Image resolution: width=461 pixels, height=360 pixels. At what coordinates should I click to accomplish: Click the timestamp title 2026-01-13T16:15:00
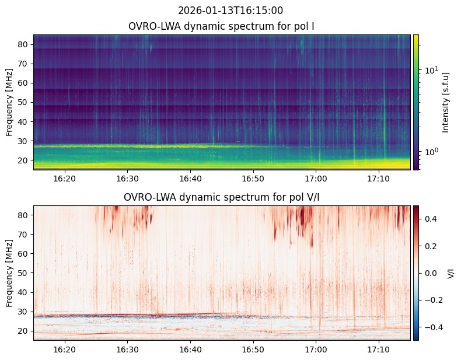pyautogui.click(x=230, y=11)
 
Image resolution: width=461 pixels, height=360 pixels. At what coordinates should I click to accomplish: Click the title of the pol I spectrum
pyautogui.click(x=221, y=26)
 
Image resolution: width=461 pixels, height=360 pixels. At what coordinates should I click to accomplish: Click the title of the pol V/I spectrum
pyautogui.click(x=221, y=197)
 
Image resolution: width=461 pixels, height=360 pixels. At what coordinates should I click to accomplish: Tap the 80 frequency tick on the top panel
pyautogui.click(x=23, y=44)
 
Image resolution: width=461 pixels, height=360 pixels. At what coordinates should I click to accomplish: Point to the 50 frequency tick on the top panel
pyautogui.click(x=23, y=102)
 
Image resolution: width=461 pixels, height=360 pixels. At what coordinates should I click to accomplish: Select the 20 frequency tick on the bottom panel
pyautogui.click(x=23, y=331)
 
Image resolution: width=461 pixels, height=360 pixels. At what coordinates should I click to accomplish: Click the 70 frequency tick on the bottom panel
pyautogui.click(x=23, y=235)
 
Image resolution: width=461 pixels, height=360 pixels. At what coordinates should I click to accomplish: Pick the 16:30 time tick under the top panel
pyautogui.click(x=128, y=179)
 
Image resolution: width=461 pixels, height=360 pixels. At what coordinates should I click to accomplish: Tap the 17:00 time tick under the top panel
pyautogui.click(x=316, y=179)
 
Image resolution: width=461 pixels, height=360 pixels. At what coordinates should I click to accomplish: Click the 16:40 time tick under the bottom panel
pyautogui.click(x=190, y=349)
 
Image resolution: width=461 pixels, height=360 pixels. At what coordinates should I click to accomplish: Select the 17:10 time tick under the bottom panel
pyautogui.click(x=378, y=349)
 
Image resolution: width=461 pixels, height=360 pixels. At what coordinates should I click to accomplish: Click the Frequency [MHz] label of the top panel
pyautogui.click(x=9, y=102)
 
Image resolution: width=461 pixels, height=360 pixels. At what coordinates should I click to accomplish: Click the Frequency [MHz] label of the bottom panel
pyautogui.click(x=9, y=273)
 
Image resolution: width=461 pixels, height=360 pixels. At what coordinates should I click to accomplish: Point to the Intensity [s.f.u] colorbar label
pyautogui.click(x=446, y=102)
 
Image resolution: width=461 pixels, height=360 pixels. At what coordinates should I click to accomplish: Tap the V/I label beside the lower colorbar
pyautogui.click(x=450, y=273)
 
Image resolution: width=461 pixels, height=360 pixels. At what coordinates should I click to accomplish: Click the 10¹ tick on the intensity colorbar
pyautogui.click(x=432, y=70)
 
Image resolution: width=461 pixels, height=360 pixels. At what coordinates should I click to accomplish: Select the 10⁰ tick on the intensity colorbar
pyautogui.click(x=432, y=152)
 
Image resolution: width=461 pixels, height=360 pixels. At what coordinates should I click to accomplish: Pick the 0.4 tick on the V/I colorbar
pyautogui.click(x=431, y=219)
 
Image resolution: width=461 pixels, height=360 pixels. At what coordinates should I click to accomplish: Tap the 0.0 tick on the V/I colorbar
pyautogui.click(x=431, y=273)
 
